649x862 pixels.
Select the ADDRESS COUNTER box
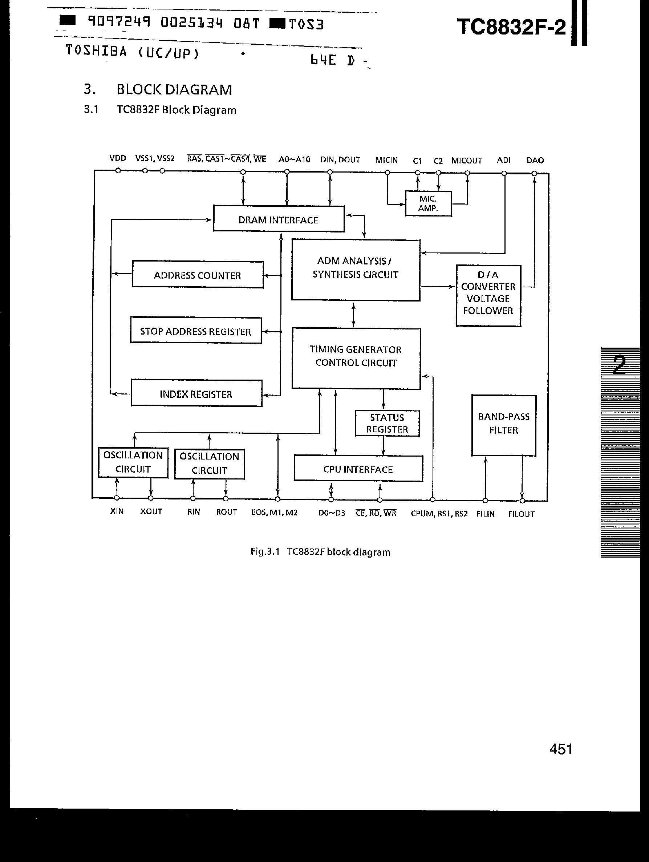pyautogui.click(x=198, y=275)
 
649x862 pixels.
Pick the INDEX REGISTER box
pyautogui.click(x=196, y=394)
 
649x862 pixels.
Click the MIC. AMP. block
pyautogui.click(x=428, y=203)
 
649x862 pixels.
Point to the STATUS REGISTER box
pyautogui.click(x=387, y=423)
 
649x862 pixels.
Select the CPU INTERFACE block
pyautogui.click(x=358, y=469)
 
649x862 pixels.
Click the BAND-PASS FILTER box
pyautogui.click(x=504, y=425)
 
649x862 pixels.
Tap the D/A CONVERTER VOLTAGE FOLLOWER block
pyautogui.click(x=488, y=296)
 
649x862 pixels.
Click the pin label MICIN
pyautogui.click(x=386, y=160)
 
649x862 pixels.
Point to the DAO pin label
pyautogui.click(x=535, y=160)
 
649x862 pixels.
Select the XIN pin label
pyautogui.click(x=117, y=511)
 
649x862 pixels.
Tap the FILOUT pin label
pyautogui.click(x=521, y=514)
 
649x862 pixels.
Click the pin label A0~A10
pyautogui.click(x=294, y=159)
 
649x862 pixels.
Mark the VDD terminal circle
pyautogui.click(x=118, y=170)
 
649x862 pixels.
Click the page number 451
pyautogui.click(x=561, y=749)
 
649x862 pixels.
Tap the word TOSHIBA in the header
pyautogui.click(x=96, y=51)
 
